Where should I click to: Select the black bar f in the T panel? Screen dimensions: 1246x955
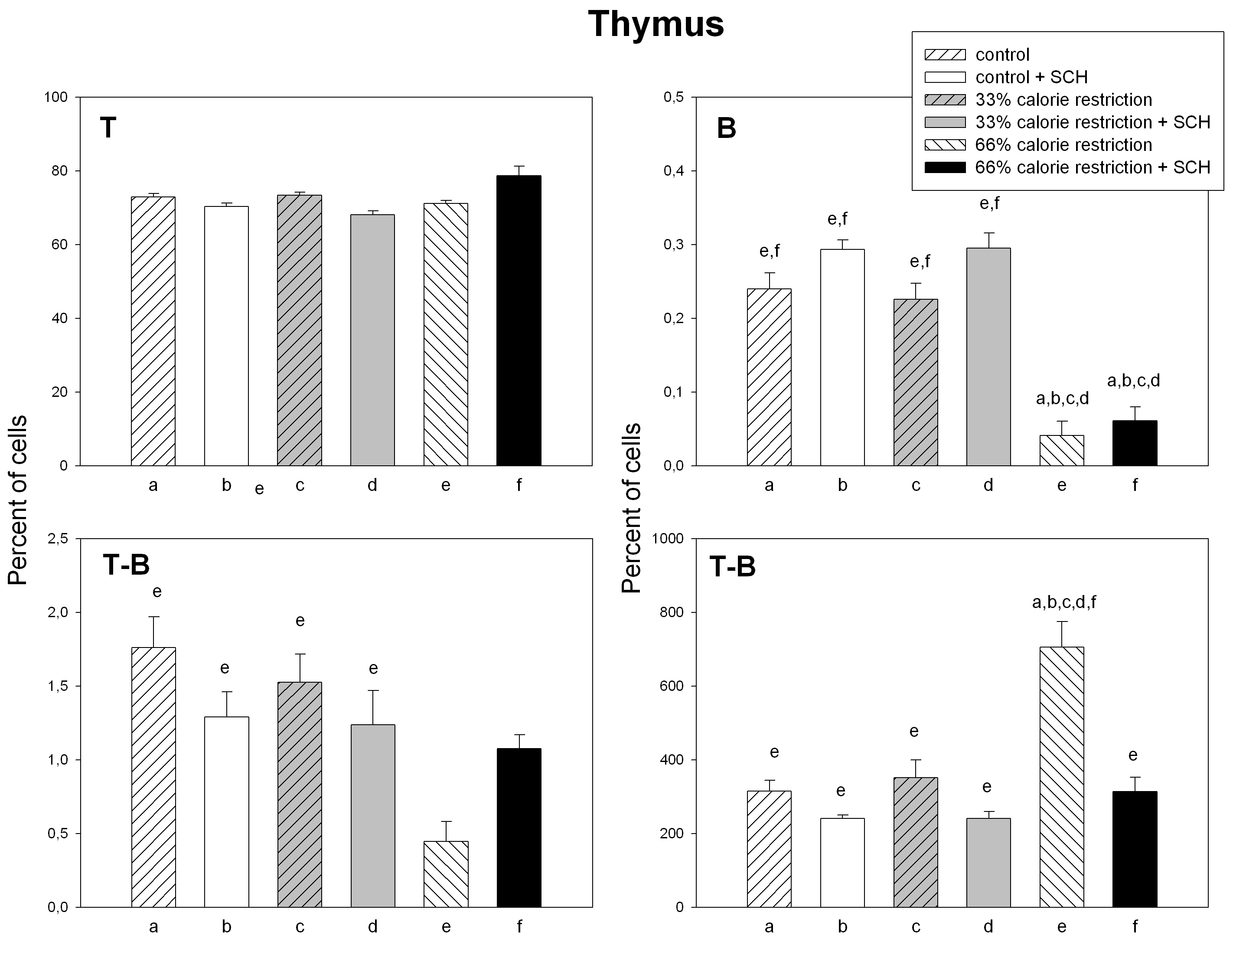[519, 321]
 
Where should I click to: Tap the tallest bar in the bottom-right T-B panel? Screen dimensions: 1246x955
[1061, 776]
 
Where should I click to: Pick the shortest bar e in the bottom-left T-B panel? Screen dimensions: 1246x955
[446, 874]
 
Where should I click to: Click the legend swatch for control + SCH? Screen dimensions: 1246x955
[945, 77]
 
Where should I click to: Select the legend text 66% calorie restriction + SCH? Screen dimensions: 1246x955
[1093, 167]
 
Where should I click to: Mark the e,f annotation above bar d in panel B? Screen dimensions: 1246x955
[989, 203]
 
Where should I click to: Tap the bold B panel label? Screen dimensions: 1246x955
[726, 128]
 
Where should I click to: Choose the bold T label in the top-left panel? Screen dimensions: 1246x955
[108, 128]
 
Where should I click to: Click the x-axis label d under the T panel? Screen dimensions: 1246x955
[372, 485]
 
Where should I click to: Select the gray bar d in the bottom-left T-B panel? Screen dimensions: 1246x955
[373, 816]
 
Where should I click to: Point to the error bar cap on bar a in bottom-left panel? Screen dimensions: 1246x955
[153, 617]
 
